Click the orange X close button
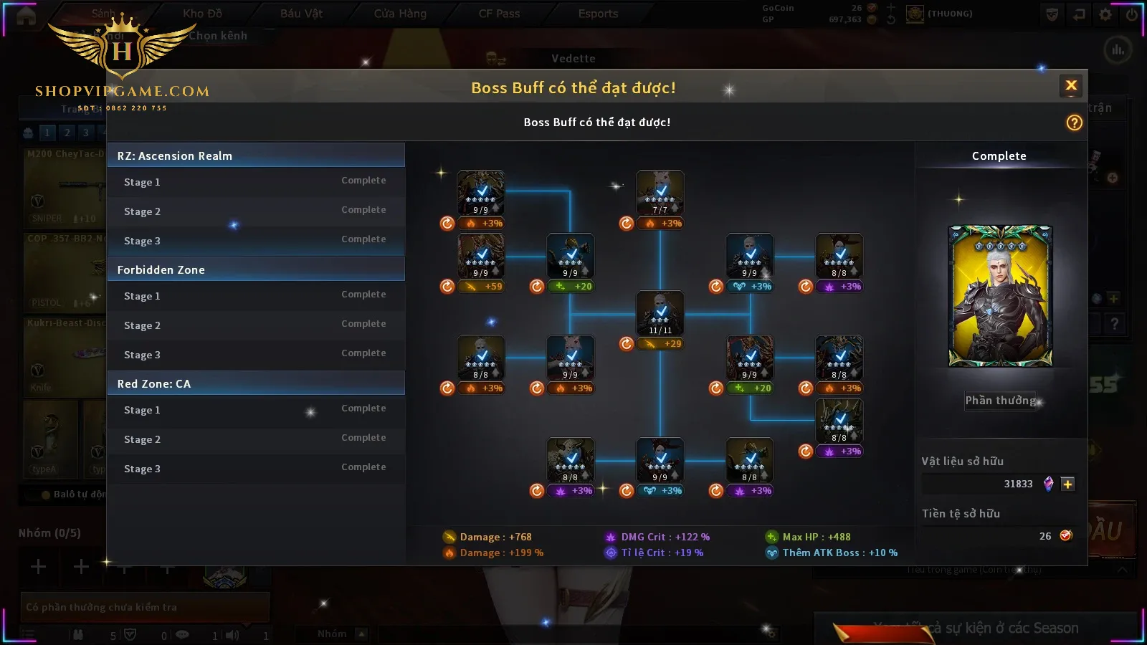pyautogui.click(x=1071, y=86)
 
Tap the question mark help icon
pyautogui.click(x=1074, y=123)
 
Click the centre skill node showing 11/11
pyautogui.click(x=660, y=313)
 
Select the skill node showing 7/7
pyautogui.click(x=660, y=193)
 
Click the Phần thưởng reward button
pyautogui.click(x=1000, y=401)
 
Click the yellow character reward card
pyautogui.click(x=1000, y=296)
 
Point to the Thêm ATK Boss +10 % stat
pyautogui.click(x=839, y=553)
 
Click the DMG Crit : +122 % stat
pyautogui.click(x=665, y=537)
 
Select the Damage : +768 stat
pyautogui.click(x=495, y=537)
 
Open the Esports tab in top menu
pyautogui.click(x=598, y=14)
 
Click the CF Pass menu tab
pyautogui.click(x=499, y=14)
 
